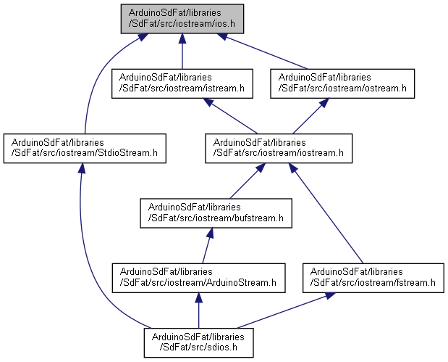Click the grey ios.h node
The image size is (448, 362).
(x=182, y=19)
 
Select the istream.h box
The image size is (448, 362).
(x=182, y=83)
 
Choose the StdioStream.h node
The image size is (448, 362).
(x=85, y=147)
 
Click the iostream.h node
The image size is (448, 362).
(x=278, y=147)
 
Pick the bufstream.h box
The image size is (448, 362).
(x=215, y=211)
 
